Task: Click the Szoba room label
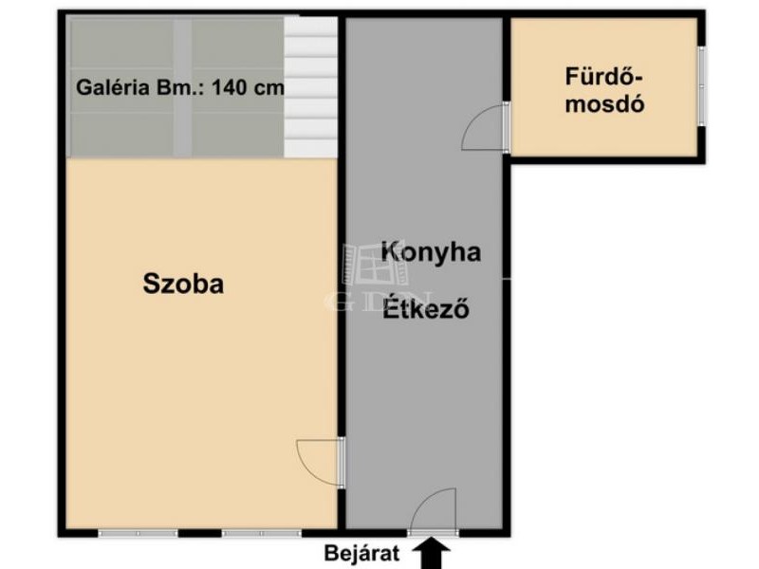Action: tap(183, 284)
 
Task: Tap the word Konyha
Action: tap(432, 252)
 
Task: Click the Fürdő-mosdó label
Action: tap(604, 90)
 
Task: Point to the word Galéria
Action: tap(113, 87)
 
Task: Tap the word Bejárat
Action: tap(362, 553)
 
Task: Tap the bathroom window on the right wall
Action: tap(701, 86)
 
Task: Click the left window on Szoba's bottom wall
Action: tap(138, 533)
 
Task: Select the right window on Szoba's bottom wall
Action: tap(262, 533)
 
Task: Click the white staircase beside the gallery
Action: tap(310, 87)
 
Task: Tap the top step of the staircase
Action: tap(310, 26)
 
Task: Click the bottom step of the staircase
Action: tap(310, 149)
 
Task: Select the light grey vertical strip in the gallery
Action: tap(182, 87)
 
